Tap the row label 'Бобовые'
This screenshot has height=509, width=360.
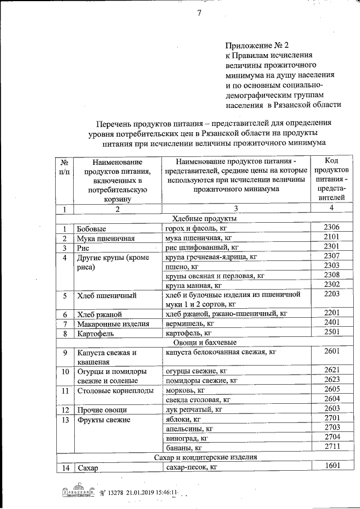(x=92, y=229)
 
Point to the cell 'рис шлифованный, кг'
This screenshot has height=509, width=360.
(x=200, y=247)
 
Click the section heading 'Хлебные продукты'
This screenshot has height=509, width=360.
(x=203, y=218)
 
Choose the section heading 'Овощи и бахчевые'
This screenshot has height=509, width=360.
(x=203, y=342)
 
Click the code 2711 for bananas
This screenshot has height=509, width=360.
(x=332, y=447)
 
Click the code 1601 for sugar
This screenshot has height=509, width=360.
(x=332, y=466)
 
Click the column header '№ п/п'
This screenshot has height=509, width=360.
(x=65, y=166)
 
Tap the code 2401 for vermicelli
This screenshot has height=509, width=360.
(x=332, y=323)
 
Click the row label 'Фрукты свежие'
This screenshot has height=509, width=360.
(x=103, y=420)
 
